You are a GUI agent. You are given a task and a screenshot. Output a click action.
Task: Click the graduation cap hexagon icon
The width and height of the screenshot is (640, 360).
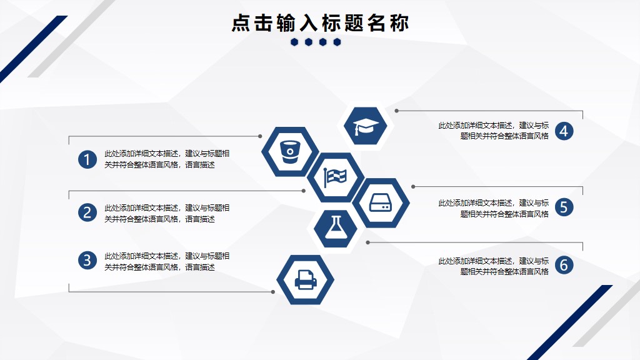[x=365, y=126]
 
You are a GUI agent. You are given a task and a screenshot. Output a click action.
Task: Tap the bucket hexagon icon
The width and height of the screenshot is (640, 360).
[x=290, y=152]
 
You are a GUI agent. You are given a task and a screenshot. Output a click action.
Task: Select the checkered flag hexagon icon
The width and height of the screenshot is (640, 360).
[x=336, y=177]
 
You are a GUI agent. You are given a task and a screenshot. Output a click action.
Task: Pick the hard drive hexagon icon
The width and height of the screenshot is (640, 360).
[x=381, y=203]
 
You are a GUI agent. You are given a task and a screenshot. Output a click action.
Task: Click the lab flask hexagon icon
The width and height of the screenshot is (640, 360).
[x=336, y=229]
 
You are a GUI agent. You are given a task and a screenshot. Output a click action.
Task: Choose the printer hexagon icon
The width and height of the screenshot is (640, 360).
[x=305, y=279]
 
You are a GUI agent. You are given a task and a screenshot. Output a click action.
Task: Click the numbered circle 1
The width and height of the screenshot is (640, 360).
[x=87, y=159]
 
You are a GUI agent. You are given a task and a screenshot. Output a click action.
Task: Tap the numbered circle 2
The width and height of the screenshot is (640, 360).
[x=87, y=212]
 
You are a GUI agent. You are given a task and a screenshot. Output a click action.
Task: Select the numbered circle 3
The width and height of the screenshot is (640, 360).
[x=87, y=261]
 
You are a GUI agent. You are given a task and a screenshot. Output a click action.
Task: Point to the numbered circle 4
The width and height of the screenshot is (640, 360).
[x=564, y=131]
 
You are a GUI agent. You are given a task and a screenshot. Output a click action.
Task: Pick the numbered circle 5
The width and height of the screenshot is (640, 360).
[x=564, y=207]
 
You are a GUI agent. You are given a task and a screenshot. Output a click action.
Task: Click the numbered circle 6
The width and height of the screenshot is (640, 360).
[x=564, y=265]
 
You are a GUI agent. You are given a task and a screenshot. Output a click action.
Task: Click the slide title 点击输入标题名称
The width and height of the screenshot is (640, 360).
[x=320, y=23]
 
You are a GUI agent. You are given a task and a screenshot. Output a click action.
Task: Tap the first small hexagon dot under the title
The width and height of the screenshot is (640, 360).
[x=294, y=42]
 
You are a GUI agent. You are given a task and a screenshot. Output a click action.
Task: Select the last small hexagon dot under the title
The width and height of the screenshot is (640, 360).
[x=337, y=42]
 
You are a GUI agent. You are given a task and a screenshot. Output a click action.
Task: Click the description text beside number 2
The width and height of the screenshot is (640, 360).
[x=166, y=214]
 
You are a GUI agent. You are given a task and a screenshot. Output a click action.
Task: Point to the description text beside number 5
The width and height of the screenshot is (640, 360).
[x=494, y=208]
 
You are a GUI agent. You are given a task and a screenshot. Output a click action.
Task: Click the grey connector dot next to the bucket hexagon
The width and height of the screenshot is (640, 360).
[x=260, y=136]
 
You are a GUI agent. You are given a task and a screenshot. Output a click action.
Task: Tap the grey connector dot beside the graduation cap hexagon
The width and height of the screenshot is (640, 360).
[x=396, y=111]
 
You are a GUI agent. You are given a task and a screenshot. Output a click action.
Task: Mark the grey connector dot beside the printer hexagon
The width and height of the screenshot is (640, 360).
[x=273, y=292]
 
